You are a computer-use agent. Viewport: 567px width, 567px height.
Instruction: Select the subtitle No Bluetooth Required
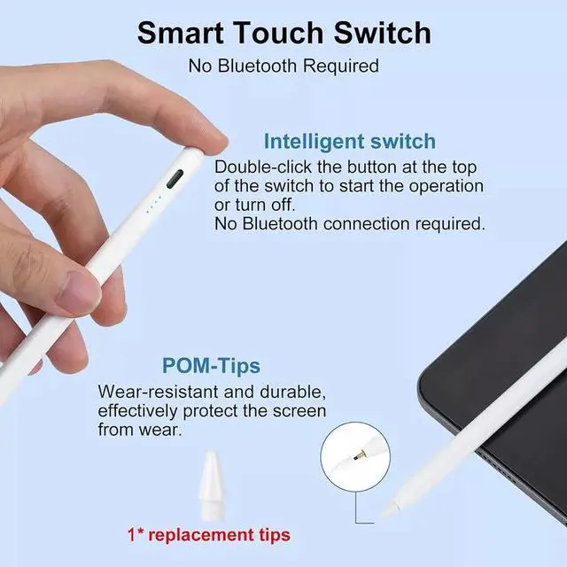coord(283,66)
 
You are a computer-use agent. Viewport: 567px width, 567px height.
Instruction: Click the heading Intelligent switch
coord(349,141)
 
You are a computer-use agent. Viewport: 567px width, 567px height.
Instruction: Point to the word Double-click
coord(260,167)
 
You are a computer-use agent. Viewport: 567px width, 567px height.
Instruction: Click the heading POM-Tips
coord(211,365)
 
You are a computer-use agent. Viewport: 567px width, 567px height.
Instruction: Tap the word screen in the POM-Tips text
coord(278,411)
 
